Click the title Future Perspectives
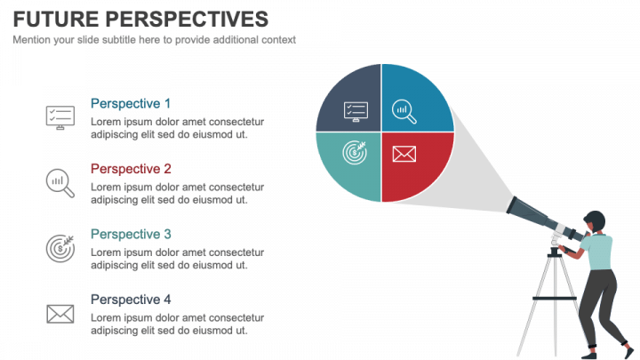click(x=140, y=19)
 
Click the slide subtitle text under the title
click(x=154, y=40)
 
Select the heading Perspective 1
click(x=131, y=103)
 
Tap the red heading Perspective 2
click(x=131, y=169)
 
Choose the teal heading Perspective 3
click(x=131, y=235)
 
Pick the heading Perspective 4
click(x=131, y=300)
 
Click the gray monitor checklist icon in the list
click(x=60, y=116)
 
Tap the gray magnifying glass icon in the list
click(x=60, y=181)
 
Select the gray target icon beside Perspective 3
click(x=60, y=247)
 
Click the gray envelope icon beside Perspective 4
click(x=60, y=313)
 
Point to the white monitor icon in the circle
click(x=356, y=111)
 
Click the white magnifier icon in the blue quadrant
click(x=404, y=111)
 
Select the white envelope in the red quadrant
click(x=404, y=154)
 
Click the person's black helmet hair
click(x=593, y=218)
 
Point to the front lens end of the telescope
click(x=513, y=206)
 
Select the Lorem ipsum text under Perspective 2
click(x=178, y=193)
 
